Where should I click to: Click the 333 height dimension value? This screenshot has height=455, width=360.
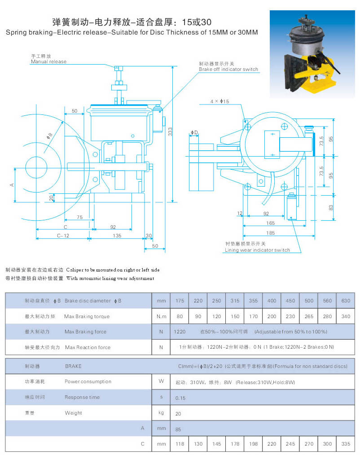point(170,131)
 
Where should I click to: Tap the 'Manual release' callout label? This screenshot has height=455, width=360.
point(48,61)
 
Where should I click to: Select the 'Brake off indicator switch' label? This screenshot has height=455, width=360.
point(228,69)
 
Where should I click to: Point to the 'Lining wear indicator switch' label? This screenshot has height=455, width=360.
point(257,250)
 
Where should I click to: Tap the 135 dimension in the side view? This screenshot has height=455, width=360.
point(117,235)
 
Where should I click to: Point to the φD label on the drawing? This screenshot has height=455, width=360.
point(194,132)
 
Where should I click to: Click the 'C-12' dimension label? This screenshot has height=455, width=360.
point(62,235)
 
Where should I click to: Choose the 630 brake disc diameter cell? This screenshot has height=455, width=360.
point(345,301)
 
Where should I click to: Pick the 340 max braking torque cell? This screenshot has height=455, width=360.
point(345,316)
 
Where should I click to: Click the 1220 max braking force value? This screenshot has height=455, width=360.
point(180,332)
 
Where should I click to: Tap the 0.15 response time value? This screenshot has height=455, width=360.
point(180,398)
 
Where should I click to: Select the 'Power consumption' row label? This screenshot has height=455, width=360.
point(88,381)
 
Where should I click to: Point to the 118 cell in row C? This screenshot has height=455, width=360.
point(180,444)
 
